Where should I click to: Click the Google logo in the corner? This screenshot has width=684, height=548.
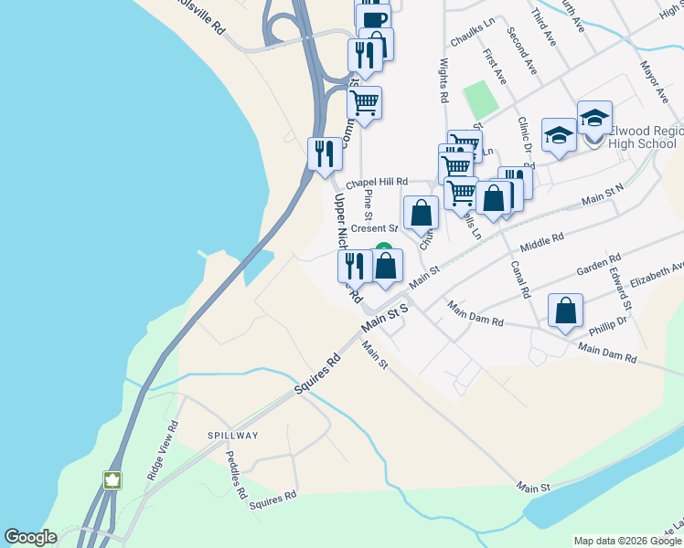coord(31,537)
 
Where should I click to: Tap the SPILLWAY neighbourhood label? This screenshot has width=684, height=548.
coord(232,436)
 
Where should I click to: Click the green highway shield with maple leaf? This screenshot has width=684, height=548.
coord(112,480)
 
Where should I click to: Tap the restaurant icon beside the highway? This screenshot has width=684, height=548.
coord(324,154)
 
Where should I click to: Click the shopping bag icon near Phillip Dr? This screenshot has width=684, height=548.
coord(566,311)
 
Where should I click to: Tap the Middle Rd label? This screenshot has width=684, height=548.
coord(542,241)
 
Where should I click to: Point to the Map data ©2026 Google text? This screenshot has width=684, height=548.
coord(627,541)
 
